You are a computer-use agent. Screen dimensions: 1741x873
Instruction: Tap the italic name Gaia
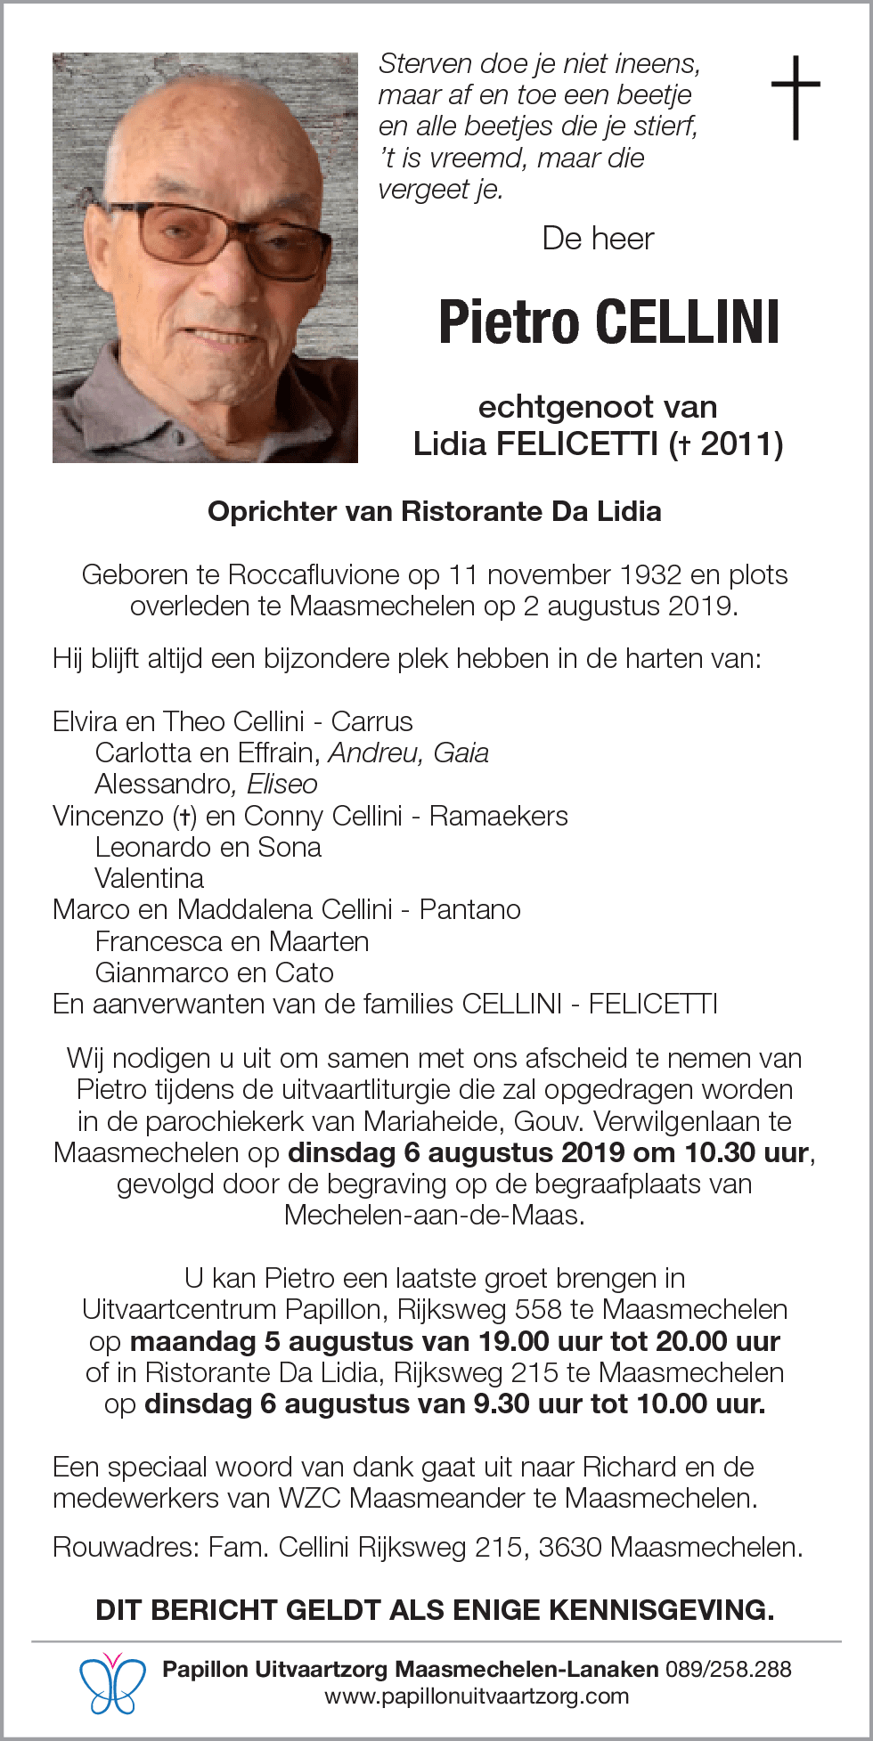click(461, 753)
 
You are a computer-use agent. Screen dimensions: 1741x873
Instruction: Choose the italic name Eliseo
click(282, 785)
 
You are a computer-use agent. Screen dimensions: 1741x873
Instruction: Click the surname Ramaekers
click(498, 816)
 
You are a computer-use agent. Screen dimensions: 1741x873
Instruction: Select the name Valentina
click(149, 879)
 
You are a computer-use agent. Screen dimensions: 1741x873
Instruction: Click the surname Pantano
click(469, 910)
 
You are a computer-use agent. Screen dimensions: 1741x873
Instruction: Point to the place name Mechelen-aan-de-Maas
click(434, 1216)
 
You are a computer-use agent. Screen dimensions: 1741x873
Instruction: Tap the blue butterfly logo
click(112, 1682)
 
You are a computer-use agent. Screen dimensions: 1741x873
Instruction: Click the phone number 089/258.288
click(728, 1669)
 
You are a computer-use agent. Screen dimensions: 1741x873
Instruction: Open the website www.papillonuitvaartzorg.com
click(477, 1696)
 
